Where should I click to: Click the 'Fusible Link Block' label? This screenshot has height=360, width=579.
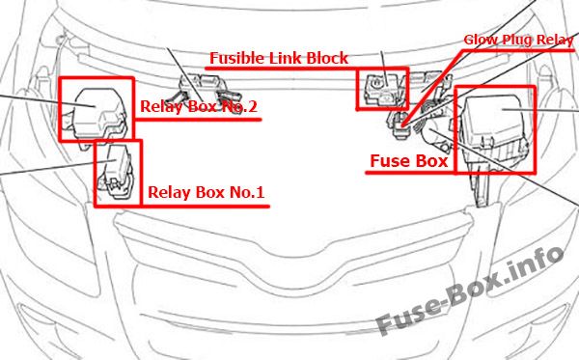[x=279, y=58]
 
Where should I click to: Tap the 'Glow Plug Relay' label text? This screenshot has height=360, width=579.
[x=518, y=40]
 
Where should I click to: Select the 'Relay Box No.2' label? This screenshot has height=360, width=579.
[x=199, y=106]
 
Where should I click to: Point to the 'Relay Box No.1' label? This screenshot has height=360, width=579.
[x=207, y=192]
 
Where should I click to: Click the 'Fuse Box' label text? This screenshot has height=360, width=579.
[x=409, y=161]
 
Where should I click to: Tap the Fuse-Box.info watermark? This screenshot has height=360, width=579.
[x=470, y=290]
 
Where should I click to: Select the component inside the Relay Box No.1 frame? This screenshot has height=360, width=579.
[x=117, y=172]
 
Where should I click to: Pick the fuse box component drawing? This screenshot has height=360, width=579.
[x=495, y=129]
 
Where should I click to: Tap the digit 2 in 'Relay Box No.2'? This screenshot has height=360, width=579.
[x=252, y=106]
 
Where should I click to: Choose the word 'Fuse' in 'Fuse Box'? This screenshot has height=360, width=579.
[x=388, y=161]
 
